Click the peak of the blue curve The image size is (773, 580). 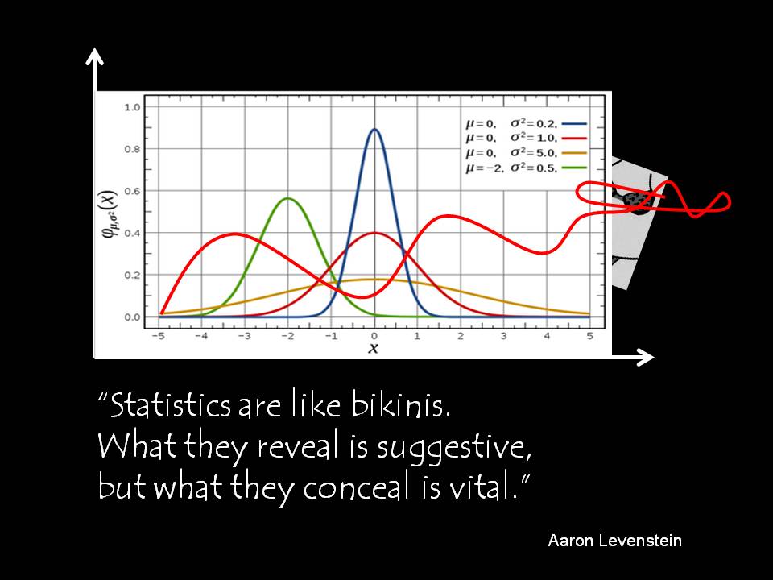click(374, 130)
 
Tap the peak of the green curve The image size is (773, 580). click(287, 199)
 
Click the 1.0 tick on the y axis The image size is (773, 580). click(132, 107)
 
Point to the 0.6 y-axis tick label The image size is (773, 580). click(132, 191)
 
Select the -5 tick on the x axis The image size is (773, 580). click(158, 336)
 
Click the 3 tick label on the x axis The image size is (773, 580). click(503, 336)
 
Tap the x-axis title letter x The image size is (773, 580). click(373, 348)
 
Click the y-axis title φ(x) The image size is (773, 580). click(110, 213)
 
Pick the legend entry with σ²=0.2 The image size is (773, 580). click(527, 124)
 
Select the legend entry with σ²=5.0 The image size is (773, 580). click(527, 153)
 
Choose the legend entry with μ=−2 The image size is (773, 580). click(527, 168)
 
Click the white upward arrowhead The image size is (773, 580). click(94, 56)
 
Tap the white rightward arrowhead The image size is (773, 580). click(645, 357)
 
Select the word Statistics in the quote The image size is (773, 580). click(170, 405)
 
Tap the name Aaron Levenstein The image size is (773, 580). click(614, 541)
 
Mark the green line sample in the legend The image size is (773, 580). click(575, 168)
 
